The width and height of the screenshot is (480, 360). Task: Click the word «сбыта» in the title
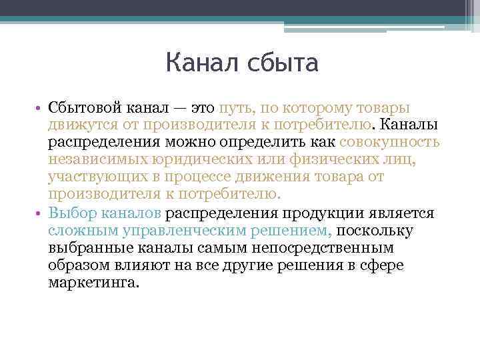(x=281, y=64)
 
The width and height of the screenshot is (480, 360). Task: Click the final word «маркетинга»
(x=94, y=283)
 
